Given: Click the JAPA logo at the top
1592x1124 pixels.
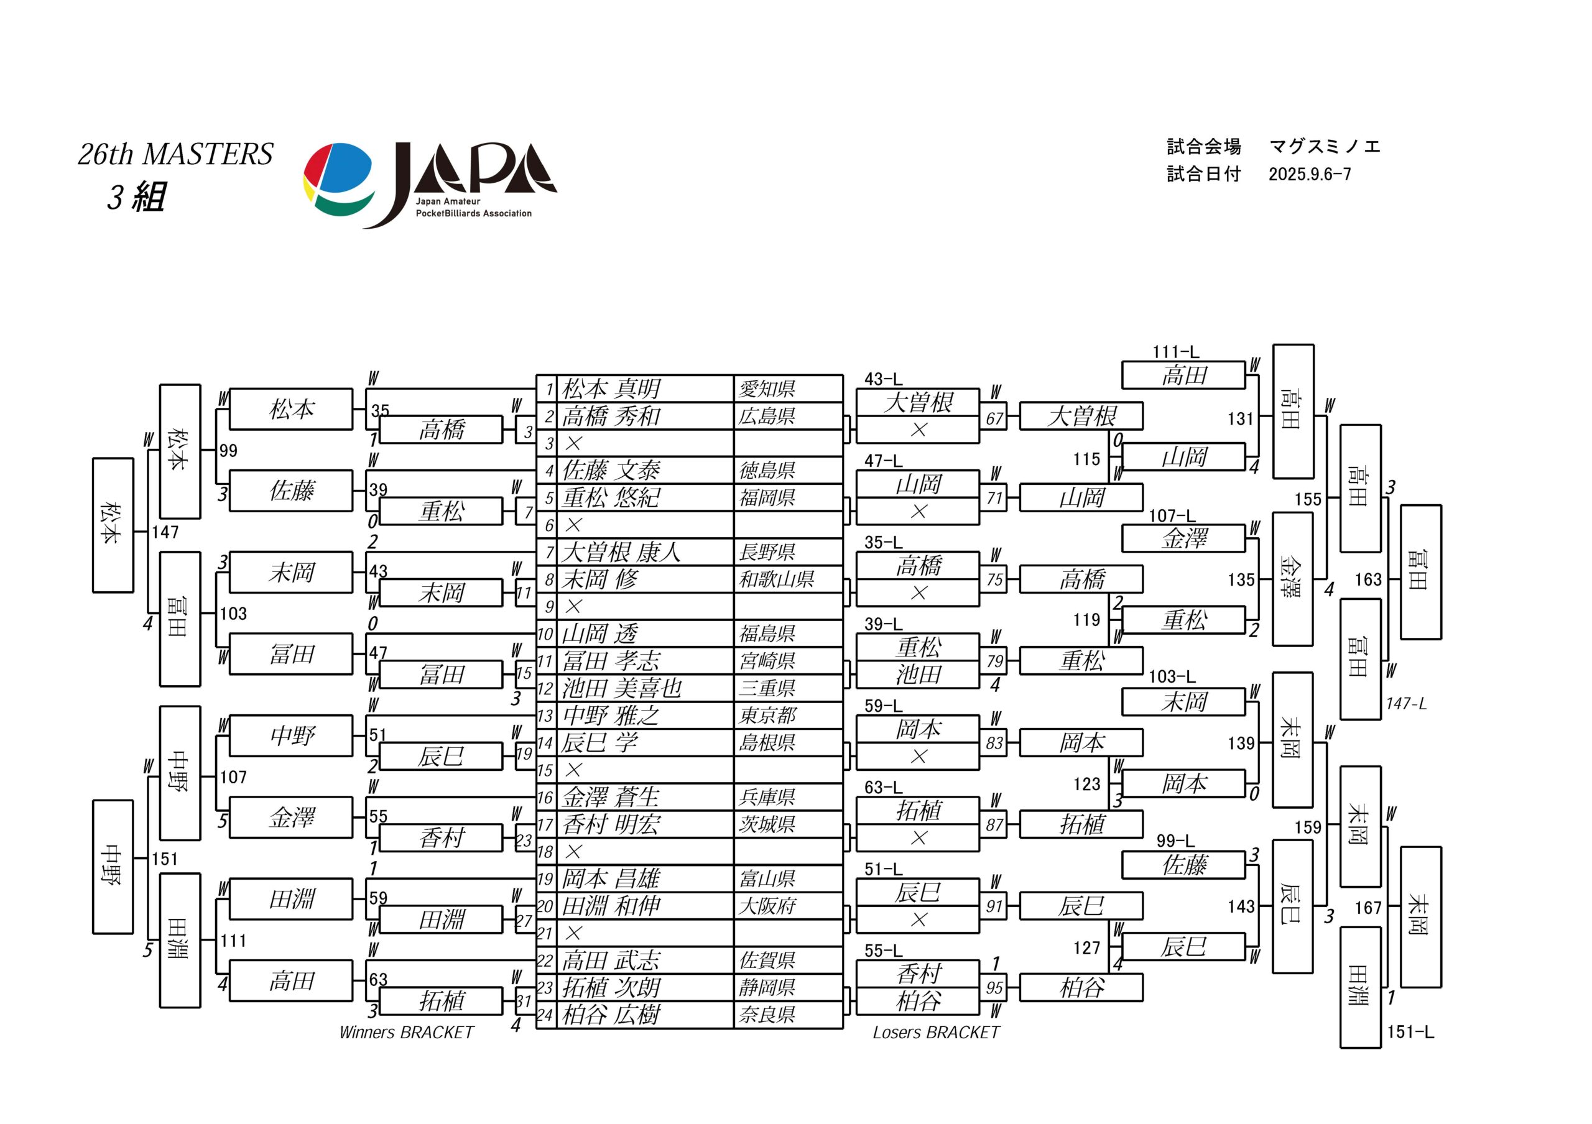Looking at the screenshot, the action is pyautogui.click(x=430, y=185).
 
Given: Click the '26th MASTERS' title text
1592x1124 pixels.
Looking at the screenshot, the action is pyautogui.click(x=175, y=154).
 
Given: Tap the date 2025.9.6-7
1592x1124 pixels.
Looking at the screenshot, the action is pyautogui.click(x=1310, y=174).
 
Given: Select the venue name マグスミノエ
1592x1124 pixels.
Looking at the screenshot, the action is pyautogui.click(x=1325, y=147).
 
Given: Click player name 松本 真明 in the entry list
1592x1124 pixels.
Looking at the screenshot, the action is pyautogui.click(x=611, y=389).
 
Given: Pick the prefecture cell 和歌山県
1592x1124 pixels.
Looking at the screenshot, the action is pyautogui.click(x=776, y=579).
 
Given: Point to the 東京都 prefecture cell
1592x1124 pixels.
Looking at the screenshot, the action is pyautogui.click(x=767, y=715).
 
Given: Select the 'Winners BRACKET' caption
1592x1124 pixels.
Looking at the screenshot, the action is pyautogui.click(x=406, y=1033).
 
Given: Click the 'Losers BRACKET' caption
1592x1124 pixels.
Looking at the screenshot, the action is pyautogui.click(x=936, y=1033).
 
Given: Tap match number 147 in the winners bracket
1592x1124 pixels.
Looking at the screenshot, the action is pyautogui.click(x=165, y=532).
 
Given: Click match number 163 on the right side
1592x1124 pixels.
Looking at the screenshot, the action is pyautogui.click(x=1368, y=579).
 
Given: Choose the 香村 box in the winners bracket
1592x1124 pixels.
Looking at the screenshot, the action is pyautogui.click(x=441, y=838).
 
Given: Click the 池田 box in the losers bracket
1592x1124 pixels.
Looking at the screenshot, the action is pyautogui.click(x=918, y=675).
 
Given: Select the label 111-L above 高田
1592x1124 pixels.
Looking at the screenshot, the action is pyautogui.click(x=1175, y=352).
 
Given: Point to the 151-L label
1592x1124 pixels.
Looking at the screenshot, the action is pyautogui.click(x=1410, y=1032).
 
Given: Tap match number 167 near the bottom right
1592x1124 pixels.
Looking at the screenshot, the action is pyautogui.click(x=1368, y=908).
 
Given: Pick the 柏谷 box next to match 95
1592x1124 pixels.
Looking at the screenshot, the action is pyautogui.click(x=1081, y=987).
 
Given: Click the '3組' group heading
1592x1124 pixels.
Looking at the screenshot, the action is pyautogui.click(x=137, y=198).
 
